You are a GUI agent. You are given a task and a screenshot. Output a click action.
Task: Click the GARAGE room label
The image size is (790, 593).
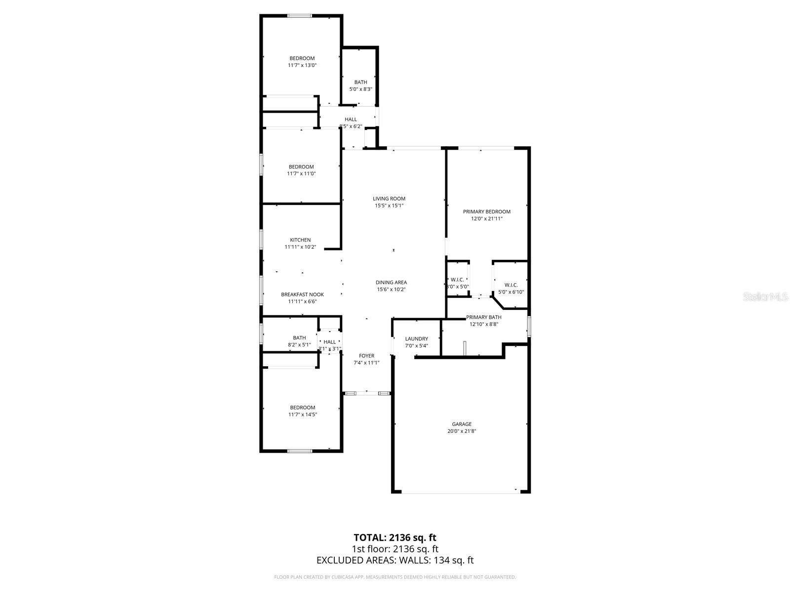[462, 424]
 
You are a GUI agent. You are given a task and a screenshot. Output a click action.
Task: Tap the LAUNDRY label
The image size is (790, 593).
[416, 339]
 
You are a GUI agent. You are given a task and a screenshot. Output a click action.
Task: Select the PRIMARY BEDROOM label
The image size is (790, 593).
[486, 212]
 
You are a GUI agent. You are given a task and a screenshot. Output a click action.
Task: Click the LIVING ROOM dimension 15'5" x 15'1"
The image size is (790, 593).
[389, 206]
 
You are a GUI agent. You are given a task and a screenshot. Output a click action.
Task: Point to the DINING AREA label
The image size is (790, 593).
[391, 283]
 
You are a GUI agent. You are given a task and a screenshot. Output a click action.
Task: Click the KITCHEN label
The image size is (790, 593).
[300, 240]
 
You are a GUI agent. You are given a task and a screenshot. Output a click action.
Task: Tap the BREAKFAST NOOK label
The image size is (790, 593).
[302, 295]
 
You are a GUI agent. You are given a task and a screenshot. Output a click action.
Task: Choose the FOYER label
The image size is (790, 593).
[366, 356]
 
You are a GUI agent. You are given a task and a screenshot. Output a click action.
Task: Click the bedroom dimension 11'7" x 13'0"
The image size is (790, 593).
[302, 65]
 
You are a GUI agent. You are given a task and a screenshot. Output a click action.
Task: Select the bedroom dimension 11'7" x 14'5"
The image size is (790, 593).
[302, 415]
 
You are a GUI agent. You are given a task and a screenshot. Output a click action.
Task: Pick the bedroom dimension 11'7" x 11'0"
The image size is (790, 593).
[301, 174]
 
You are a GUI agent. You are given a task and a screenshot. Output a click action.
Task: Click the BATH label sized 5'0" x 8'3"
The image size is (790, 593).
[360, 83]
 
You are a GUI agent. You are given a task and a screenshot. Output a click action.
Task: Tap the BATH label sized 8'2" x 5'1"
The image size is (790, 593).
[299, 338]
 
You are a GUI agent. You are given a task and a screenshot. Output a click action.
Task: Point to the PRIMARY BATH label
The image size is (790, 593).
[484, 317]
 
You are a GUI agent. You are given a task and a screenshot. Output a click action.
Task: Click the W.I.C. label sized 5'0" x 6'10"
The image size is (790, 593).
[511, 285]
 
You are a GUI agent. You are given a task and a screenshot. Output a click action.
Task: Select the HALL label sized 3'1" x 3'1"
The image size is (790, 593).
[329, 342]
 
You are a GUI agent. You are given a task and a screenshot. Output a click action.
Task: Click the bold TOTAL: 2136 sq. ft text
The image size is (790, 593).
[395, 538]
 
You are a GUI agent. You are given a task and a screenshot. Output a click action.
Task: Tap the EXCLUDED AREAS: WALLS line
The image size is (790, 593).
[395, 560]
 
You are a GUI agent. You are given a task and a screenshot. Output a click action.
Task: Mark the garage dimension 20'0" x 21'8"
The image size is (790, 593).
[462, 431]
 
